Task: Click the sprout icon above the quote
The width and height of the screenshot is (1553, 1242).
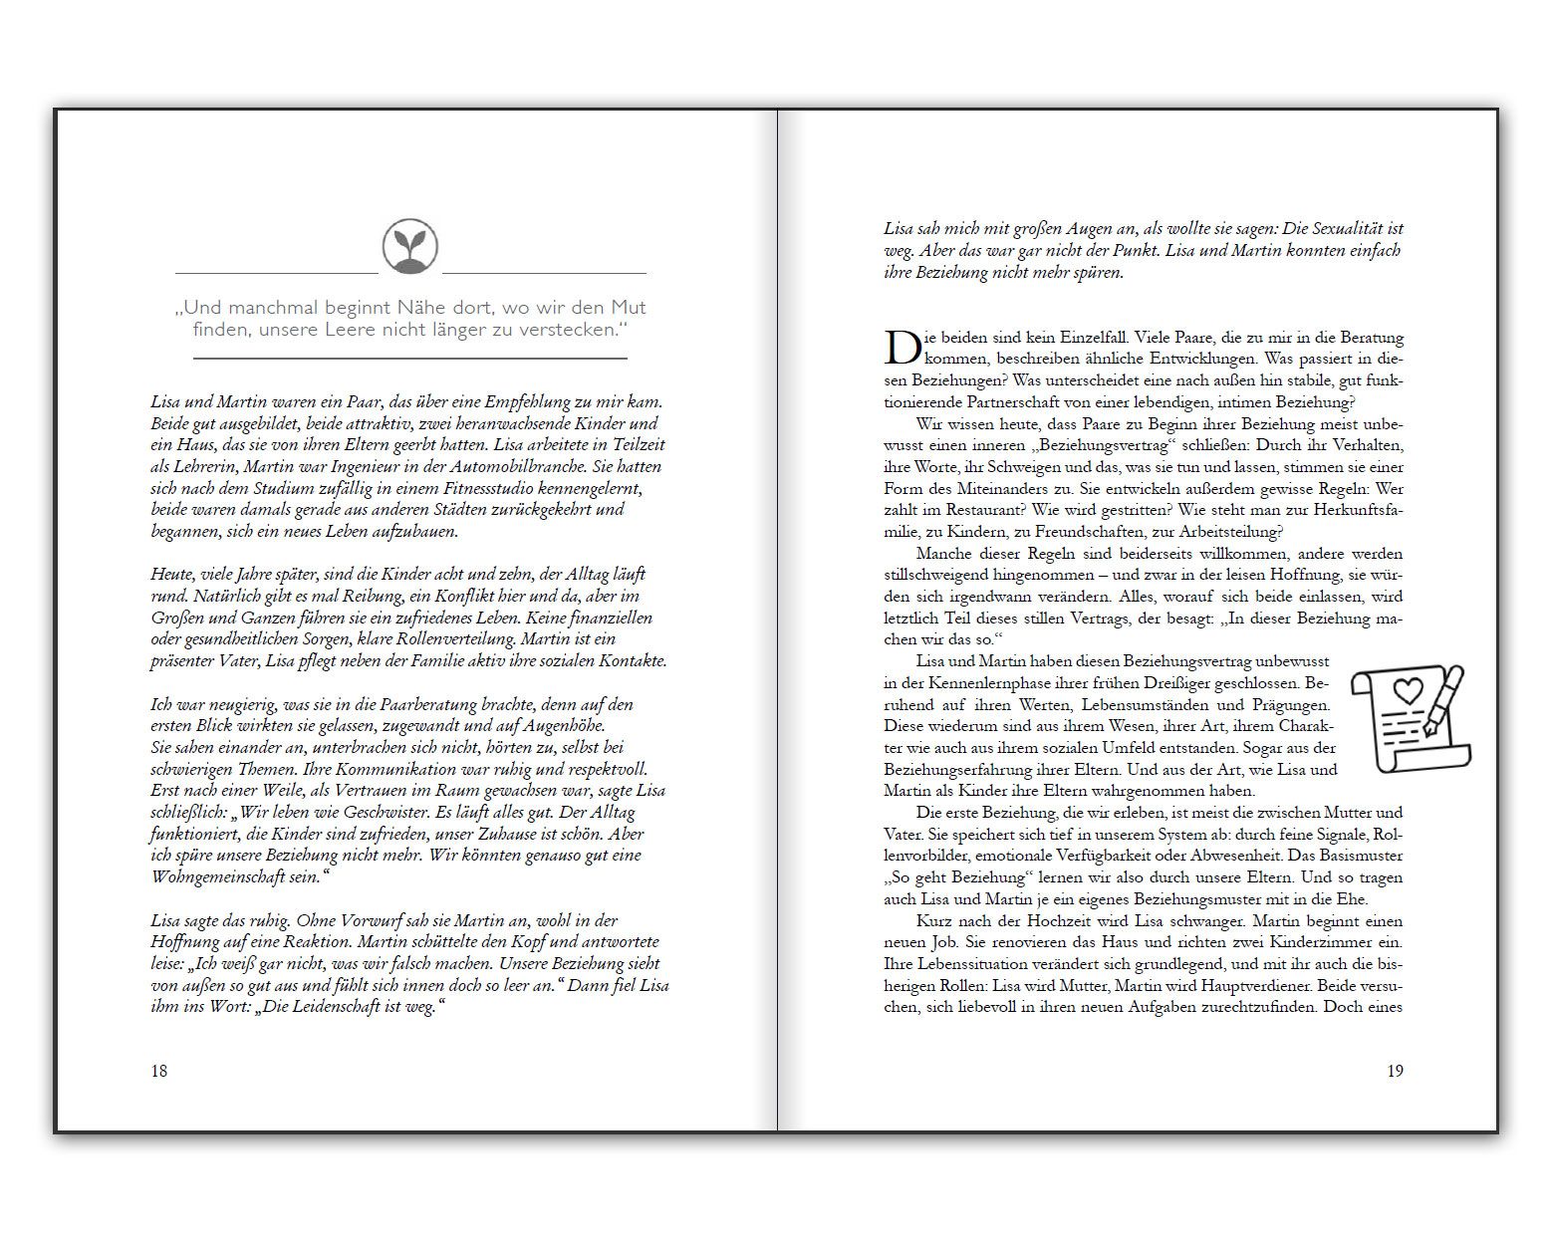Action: [x=410, y=247]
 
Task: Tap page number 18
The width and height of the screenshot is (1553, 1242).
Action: [x=159, y=1071]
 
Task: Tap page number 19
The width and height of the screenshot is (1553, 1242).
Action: [x=1395, y=1071]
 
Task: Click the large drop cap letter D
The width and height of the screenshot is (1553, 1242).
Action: [x=902, y=348]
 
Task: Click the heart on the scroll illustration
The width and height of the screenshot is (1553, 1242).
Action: [x=1407, y=689]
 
